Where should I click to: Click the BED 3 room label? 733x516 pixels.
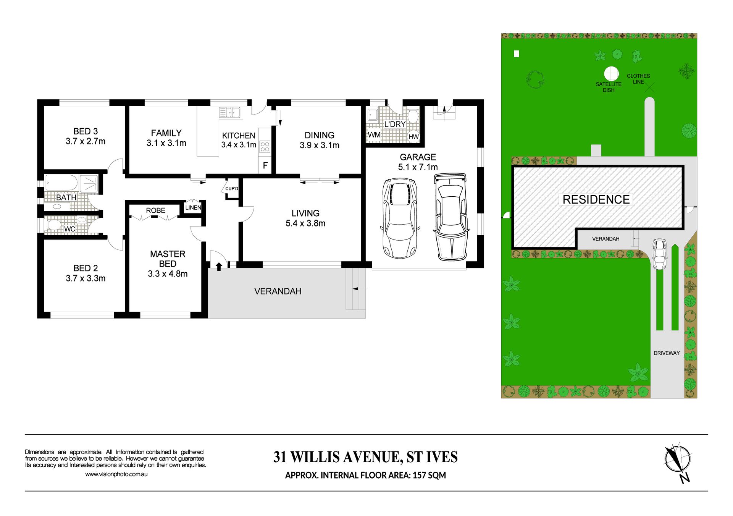coord(86,131)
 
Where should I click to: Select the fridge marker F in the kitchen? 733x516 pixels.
coord(265,165)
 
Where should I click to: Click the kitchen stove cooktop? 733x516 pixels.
coord(265,147)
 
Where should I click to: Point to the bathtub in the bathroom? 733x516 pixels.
coord(61,183)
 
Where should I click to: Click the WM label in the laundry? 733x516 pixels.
coord(374,134)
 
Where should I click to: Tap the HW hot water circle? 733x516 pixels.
coord(413,136)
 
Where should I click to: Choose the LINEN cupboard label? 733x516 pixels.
coord(193,207)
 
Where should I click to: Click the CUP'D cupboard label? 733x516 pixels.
coord(232,189)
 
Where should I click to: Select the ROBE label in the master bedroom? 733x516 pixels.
coord(156,210)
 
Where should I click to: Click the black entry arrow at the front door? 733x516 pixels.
coord(219,266)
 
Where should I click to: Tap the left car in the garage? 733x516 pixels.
coord(400,218)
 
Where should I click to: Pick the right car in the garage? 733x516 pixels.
coord(451,217)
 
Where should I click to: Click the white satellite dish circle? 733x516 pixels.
coord(611,74)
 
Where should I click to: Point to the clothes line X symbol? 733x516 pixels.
coord(649,87)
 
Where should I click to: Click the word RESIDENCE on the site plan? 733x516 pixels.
coord(596,199)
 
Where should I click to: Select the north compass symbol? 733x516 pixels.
coord(678,463)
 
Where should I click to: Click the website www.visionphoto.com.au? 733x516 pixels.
coord(116,474)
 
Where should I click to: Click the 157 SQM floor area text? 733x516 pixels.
coord(429,475)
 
